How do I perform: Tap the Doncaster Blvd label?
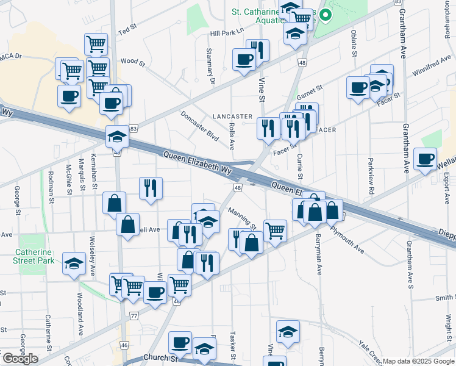[x=199, y=126]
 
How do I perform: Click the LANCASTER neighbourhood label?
[x=232, y=116]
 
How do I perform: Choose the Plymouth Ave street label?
[x=347, y=240]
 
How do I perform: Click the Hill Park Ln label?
[x=226, y=30]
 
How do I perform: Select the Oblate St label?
[x=354, y=45]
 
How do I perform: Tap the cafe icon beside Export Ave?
[x=425, y=160]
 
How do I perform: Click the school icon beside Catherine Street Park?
[x=74, y=264]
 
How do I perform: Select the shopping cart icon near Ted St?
[x=96, y=44]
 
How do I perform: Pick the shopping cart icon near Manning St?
[x=275, y=231]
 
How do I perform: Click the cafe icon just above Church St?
[x=180, y=343]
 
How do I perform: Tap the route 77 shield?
[x=134, y=315]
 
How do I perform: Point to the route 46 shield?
[x=124, y=345]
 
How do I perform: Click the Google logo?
[x=20, y=359]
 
